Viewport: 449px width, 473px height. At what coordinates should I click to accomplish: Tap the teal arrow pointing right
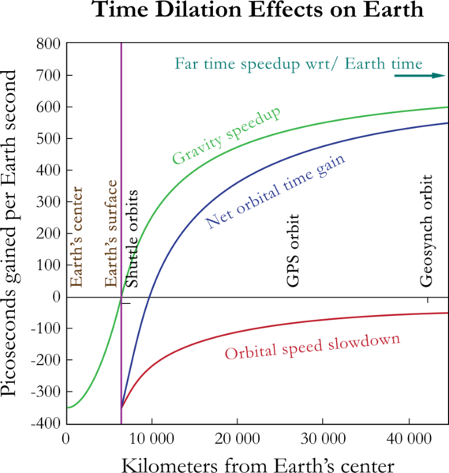click(419, 76)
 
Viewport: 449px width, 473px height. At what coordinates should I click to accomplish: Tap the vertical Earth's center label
click(77, 237)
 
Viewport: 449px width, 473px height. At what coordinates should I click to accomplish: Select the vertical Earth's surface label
click(110, 234)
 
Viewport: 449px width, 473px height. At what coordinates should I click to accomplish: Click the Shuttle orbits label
click(133, 238)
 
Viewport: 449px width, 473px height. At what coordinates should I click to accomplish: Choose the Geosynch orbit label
click(427, 230)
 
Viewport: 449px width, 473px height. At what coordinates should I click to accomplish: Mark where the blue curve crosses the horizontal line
click(150, 298)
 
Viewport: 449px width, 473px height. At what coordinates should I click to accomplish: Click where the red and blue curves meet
click(122, 407)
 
